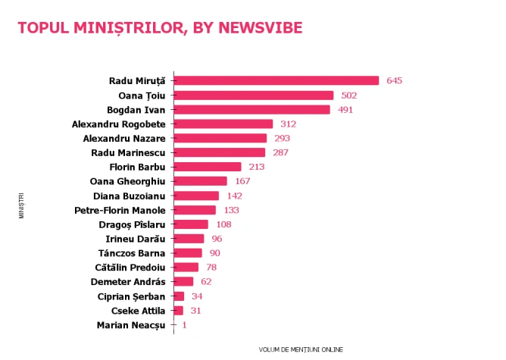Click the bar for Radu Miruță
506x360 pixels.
pyautogui.click(x=276, y=80)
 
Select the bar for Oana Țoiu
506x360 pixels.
pyautogui.click(x=254, y=95)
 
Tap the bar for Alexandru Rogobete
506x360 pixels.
pyautogui.click(x=223, y=124)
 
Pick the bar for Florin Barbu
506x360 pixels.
pyautogui.click(x=208, y=167)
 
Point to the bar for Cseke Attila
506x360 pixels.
pyautogui.click(x=179, y=311)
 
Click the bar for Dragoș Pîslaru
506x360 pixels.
pyautogui.click(x=191, y=224)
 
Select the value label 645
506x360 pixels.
pyautogui.click(x=395, y=80)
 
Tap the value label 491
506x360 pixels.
pyautogui.click(x=345, y=110)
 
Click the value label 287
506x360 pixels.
pyautogui.click(x=281, y=152)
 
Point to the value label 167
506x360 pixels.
pyautogui.click(x=242, y=181)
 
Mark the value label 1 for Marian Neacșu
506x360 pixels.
pyautogui.click(x=184, y=325)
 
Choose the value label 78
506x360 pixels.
pyautogui.click(x=211, y=268)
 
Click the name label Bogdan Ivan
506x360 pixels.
pyautogui.click(x=136, y=110)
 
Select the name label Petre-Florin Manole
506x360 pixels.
pyautogui.click(x=120, y=211)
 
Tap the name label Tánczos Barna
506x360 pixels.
pyautogui.click(x=132, y=253)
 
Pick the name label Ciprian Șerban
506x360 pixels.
pyautogui.click(x=131, y=297)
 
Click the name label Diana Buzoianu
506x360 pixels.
pyautogui.click(x=130, y=196)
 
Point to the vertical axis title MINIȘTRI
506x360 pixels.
pyautogui.click(x=21, y=205)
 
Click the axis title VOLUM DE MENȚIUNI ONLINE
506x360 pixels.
pyautogui.click(x=301, y=349)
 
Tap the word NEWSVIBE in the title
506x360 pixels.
pyautogui.click(x=261, y=28)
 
